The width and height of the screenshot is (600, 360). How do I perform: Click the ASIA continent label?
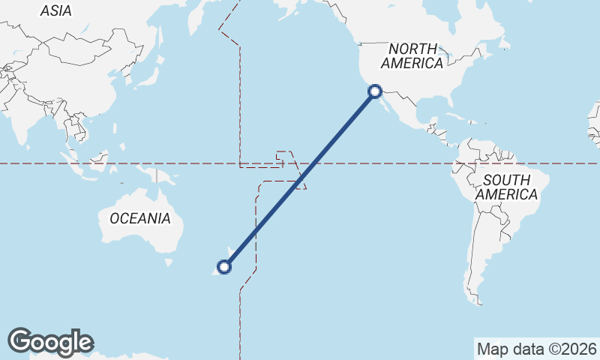click(x=55, y=10)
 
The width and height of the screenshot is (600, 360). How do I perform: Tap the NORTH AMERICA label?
click(x=412, y=56)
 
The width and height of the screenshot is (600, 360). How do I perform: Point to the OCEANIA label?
click(x=140, y=219)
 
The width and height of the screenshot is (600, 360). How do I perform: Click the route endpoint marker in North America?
click(x=375, y=92)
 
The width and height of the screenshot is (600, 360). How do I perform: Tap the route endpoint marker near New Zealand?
click(x=223, y=265)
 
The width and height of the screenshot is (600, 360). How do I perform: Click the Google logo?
click(x=50, y=342)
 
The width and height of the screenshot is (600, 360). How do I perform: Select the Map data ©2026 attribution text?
click(x=537, y=349)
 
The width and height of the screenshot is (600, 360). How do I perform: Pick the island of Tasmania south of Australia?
click(x=166, y=262)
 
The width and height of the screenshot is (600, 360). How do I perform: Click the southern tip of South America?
click(x=478, y=301)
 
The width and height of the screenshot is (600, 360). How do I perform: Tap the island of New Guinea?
click(x=159, y=177)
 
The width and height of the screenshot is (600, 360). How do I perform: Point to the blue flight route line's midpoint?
click(x=299, y=178)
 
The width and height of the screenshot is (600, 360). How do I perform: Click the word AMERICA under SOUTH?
click(x=507, y=195)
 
